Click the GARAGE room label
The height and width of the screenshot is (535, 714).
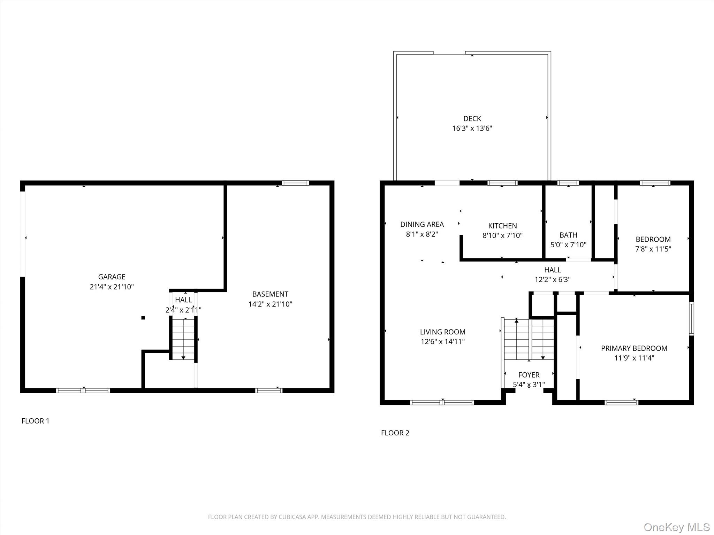coord(112,277)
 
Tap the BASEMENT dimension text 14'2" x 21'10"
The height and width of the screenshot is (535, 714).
coord(270,304)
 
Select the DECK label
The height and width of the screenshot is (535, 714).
coord(472,119)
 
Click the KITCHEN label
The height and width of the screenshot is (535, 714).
coord(502,226)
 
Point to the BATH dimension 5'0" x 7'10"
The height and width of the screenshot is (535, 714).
coord(568,245)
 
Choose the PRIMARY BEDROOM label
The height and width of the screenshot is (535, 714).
coord(634,348)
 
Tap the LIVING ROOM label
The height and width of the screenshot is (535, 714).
coord(442,332)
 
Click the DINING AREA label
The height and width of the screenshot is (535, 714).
coord(422,225)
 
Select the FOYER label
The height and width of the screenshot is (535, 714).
coord(529,375)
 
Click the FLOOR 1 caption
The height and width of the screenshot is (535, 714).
coord(36,421)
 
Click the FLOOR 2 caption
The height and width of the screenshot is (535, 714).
coord(395,433)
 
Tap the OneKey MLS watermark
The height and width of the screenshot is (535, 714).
coord(676,527)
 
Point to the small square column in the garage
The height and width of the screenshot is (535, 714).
coord(143,318)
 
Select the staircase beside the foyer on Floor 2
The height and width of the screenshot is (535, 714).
coord(529,340)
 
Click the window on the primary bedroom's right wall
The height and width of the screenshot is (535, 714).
coord(691,319)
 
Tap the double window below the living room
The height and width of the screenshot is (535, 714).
coord(442,403)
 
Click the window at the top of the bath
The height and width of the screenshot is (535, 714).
coord(568,183)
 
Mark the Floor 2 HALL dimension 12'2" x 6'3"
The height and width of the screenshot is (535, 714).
coord(552,279)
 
